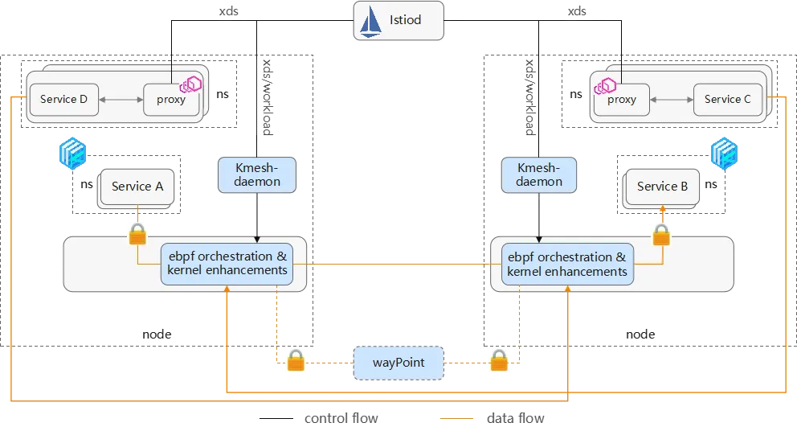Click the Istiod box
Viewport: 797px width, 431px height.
coord(398,21)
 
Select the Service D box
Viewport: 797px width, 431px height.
coord(63,100)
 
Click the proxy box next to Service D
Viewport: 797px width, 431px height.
coord(170,100)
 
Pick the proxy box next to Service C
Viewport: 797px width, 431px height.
coord(621,100)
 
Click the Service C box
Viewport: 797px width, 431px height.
coord(727,99)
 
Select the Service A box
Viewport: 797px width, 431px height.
coord(137,187)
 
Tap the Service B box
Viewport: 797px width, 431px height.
coord(662,187)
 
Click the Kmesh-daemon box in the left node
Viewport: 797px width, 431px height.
coord(257,174)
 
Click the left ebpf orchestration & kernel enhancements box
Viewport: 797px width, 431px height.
coord(227,264)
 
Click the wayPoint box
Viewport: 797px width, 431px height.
coord(398,363)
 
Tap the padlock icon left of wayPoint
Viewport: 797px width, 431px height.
coord(296,360)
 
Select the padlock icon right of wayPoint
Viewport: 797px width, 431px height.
coord(499,360)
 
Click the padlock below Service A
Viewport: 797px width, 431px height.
coord(137,234)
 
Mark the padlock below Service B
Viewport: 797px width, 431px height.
coord(661,234)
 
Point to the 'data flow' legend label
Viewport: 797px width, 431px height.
coord(515,418)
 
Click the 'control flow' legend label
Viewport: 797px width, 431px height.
coord(341,418)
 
